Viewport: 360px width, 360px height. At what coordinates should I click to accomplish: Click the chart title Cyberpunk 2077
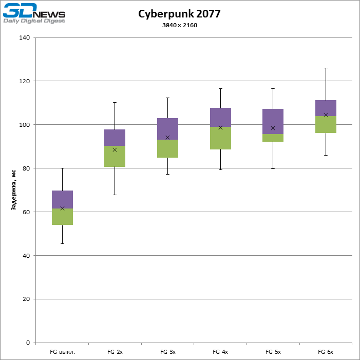click(x=179, y=14)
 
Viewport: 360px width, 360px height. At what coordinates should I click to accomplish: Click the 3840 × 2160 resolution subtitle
click(x=179, y=25)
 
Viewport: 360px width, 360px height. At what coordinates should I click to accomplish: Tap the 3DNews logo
click(x=34, y=13)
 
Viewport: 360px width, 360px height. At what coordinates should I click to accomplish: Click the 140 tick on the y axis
click(x=24, y=37)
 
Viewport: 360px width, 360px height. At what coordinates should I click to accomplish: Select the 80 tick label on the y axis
click(x=26, y=168)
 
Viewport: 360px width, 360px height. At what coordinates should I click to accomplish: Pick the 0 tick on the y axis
click(x=28, y=343)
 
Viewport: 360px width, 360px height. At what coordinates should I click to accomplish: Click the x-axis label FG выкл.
click(x=62, y=352)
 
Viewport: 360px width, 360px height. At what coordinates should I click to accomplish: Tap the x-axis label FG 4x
click(x=220, y=352)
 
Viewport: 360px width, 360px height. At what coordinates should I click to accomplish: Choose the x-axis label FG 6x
click(x=326, y=352)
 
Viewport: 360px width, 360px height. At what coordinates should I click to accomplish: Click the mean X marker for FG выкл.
click(x=62, y=208)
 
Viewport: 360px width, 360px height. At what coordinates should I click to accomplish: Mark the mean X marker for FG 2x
click(x=115, y=150)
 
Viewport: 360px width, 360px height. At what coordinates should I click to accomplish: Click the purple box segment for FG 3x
click(x=167, y=129)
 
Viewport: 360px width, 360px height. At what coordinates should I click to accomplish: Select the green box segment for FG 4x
click(x=220, y=138)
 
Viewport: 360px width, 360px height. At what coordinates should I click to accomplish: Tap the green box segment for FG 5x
click(x=273, y=138)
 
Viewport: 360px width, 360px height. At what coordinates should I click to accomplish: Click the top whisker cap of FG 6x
click(x=326, y=68)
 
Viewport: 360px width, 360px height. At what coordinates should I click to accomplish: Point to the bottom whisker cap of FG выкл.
click(x=62, y=243)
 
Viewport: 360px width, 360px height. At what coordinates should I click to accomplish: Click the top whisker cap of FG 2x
click(x=115, y=102)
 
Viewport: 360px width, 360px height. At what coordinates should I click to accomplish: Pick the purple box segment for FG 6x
click(x=326, y=108)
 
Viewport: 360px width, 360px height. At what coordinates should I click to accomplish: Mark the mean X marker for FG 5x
click(x=273, y=128)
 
